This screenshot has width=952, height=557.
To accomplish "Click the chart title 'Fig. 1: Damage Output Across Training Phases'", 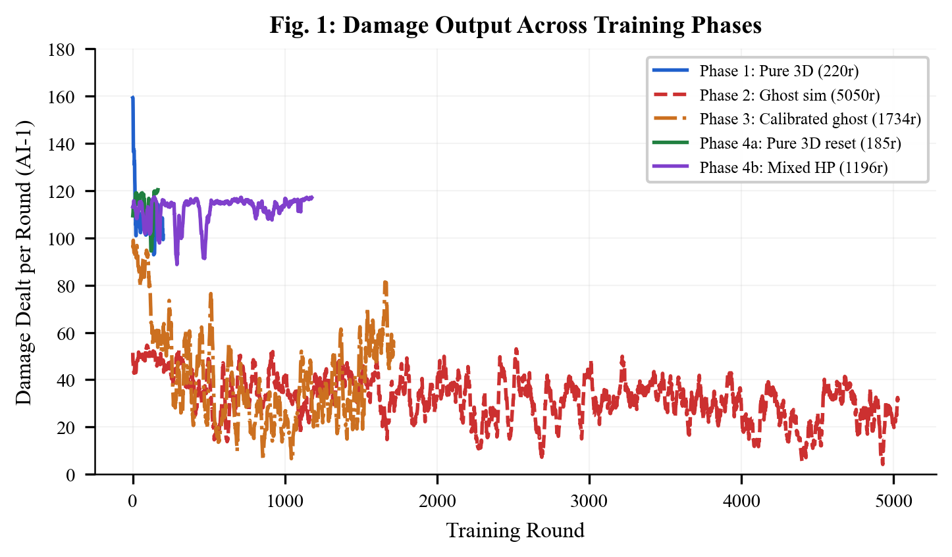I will coord(516,26).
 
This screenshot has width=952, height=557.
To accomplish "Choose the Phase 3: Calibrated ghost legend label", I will coord(810,119).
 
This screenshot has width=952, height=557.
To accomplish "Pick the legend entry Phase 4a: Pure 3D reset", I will coord(800,143).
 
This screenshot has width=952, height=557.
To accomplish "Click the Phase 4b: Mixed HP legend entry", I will coord(793,168).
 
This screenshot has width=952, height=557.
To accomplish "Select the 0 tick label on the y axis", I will coord(70,475).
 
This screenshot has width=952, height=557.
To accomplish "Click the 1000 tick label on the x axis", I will coord(285,502).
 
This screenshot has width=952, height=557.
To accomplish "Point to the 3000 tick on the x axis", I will coord(589,502).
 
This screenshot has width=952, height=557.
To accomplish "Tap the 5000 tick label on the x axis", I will coord(893,502).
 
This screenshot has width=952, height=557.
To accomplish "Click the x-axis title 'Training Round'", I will coord(516,531).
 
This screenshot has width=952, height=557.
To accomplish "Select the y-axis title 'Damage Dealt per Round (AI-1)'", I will coord(24,262).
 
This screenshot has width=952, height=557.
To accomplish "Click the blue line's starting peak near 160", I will coord(132,98).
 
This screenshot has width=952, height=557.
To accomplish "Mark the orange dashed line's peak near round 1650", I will coord(385,283).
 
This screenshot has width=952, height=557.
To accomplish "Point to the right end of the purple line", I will coord(312,197).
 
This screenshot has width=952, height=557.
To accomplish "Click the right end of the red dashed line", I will coord(898,399).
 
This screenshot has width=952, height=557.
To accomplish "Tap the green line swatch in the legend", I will coord(670,143).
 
